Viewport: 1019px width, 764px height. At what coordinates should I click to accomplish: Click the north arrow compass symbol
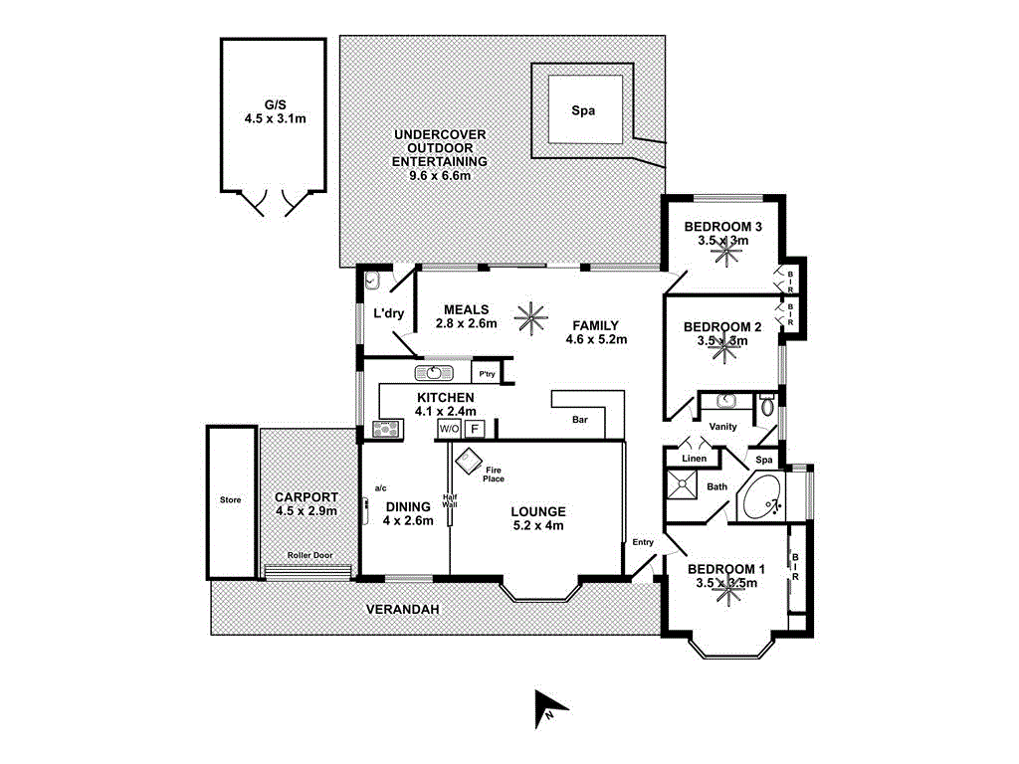click(x=549, y=705)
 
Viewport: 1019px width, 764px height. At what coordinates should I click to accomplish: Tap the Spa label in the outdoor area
click(x=583, y=111)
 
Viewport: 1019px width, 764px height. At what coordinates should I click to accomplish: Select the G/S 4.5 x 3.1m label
click(x=274, y=110)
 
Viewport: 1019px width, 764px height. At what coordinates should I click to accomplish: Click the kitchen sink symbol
click(x=433, y=373)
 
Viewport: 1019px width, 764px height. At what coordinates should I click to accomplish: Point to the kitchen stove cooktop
click(x=385, y=430)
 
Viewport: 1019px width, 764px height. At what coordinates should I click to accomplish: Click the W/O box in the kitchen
click(x=449, y=430)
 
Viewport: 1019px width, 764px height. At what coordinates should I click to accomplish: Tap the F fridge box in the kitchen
click(x=476, y=430)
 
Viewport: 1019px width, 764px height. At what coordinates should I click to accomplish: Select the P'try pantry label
click(x=487, y=374)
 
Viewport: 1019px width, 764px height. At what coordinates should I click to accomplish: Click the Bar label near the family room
click(x=580, y=421)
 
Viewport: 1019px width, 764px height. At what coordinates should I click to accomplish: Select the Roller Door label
click(x=309, y=556)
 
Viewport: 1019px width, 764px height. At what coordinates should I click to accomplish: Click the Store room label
click(x=230, y=500)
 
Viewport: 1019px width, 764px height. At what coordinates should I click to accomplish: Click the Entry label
click(x=644, y=542)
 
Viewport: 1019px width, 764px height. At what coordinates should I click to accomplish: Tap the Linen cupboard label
click(x=694, y=459)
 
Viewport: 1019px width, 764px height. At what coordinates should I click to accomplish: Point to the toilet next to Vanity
click(x=766, y=406)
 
